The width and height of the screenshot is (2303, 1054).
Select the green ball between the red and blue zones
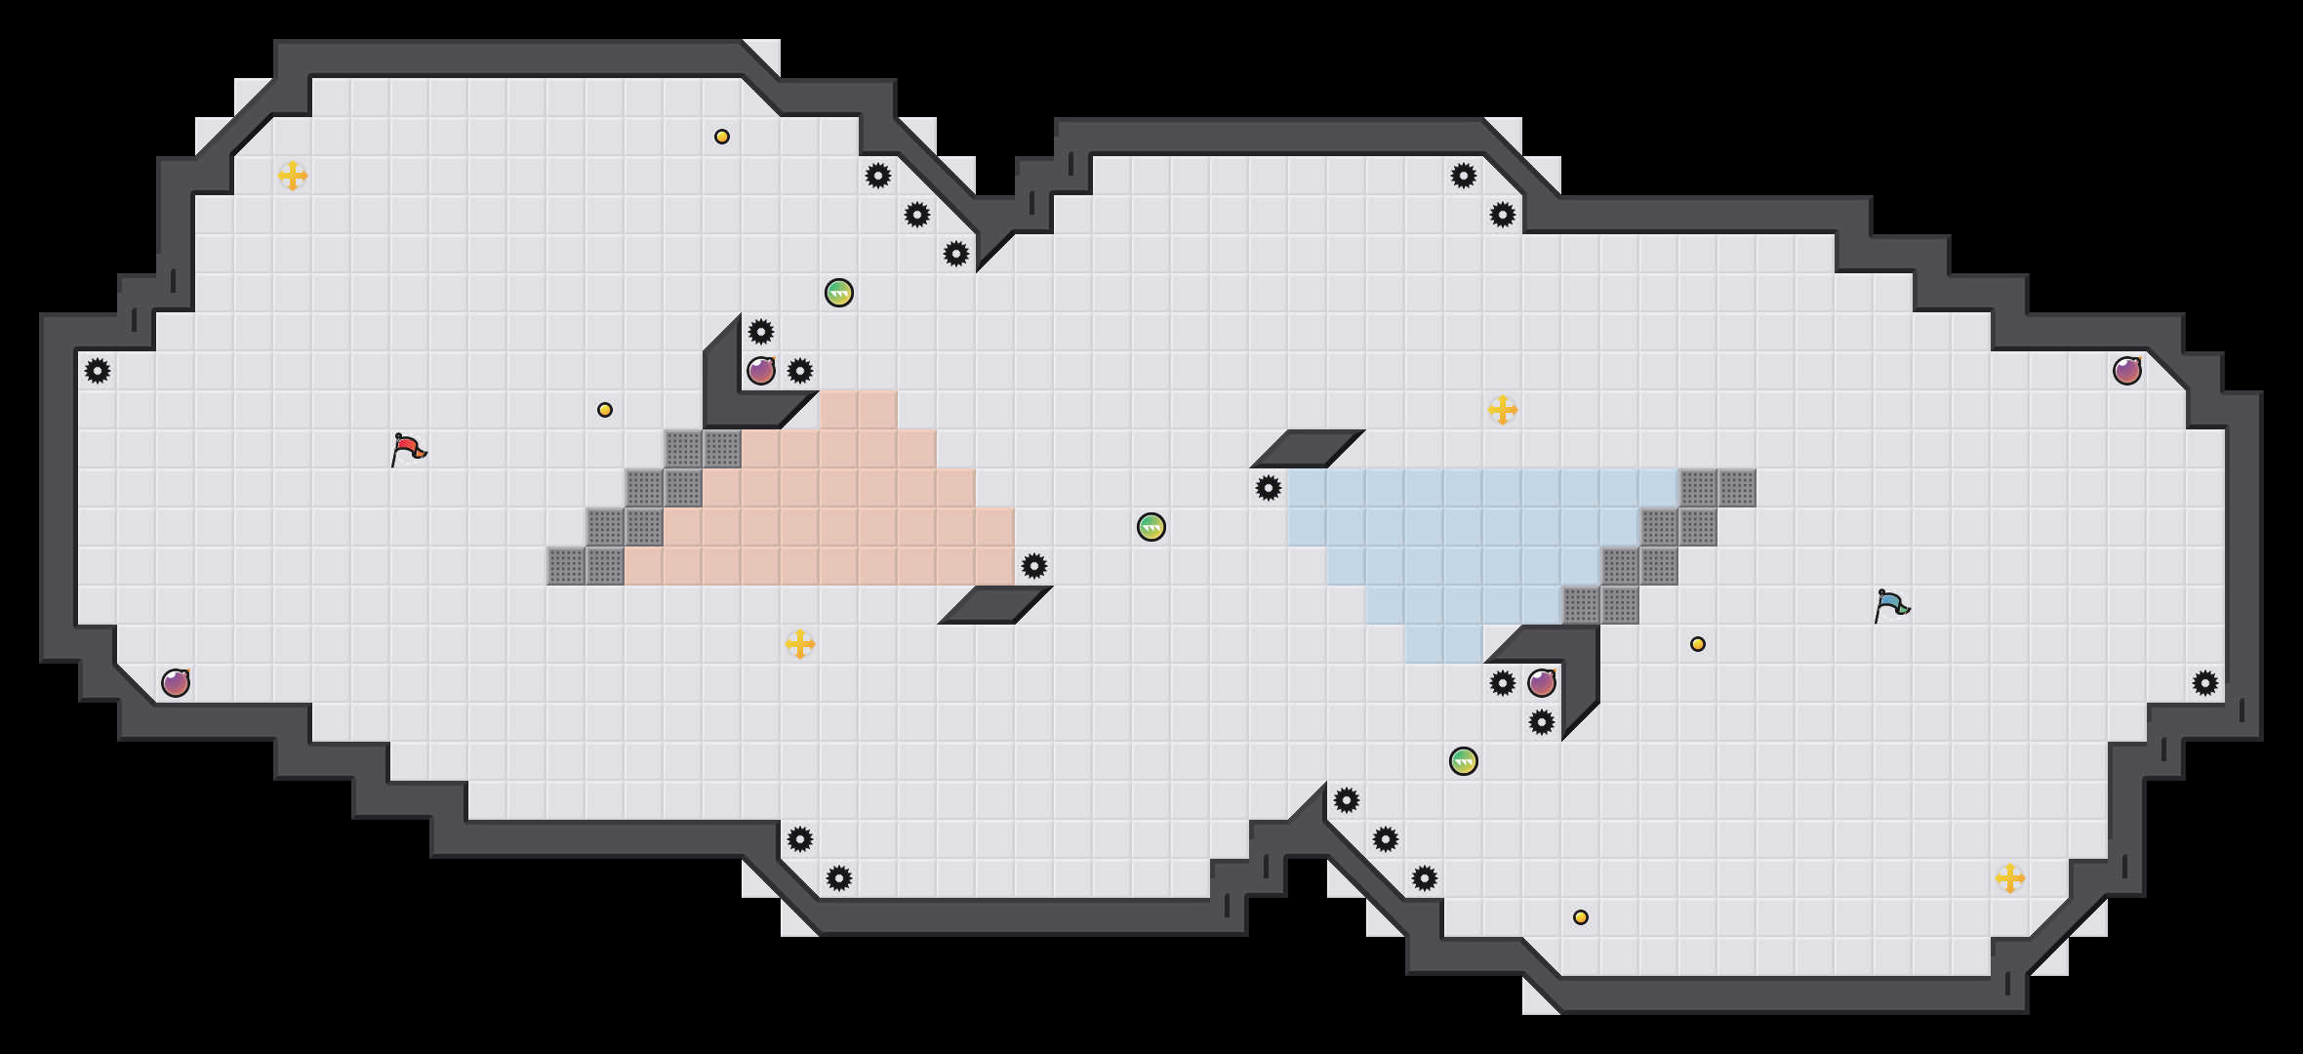[1151, 527]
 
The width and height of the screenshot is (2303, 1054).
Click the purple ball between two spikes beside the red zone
[761, 371]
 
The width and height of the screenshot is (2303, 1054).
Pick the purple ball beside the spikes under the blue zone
[1542, 683]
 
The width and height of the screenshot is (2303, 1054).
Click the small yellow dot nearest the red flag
[605, 410]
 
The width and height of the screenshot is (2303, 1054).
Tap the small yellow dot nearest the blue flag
[1698, 644]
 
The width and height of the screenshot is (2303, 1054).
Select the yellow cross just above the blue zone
[1503, 410]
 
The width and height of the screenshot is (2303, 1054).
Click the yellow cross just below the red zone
[800, 644]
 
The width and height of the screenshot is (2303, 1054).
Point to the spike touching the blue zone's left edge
[1269, 488]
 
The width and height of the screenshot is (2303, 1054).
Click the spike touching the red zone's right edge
[1034, 566]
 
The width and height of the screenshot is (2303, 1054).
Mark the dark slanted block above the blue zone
[1308, 449]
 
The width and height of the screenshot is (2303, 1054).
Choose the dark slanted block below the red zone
[995, 605]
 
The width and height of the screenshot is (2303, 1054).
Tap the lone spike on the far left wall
[98, 371]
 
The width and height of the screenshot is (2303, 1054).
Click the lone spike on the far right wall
[2205, 683]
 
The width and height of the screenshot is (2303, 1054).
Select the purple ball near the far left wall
[176, 683]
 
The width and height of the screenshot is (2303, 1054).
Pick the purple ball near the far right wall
[2127, 371]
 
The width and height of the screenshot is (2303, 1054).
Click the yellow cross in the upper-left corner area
[293, 176]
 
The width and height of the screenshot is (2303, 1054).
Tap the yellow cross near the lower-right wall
[2010, 878]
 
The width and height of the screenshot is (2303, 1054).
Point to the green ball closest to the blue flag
[1464, 761]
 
